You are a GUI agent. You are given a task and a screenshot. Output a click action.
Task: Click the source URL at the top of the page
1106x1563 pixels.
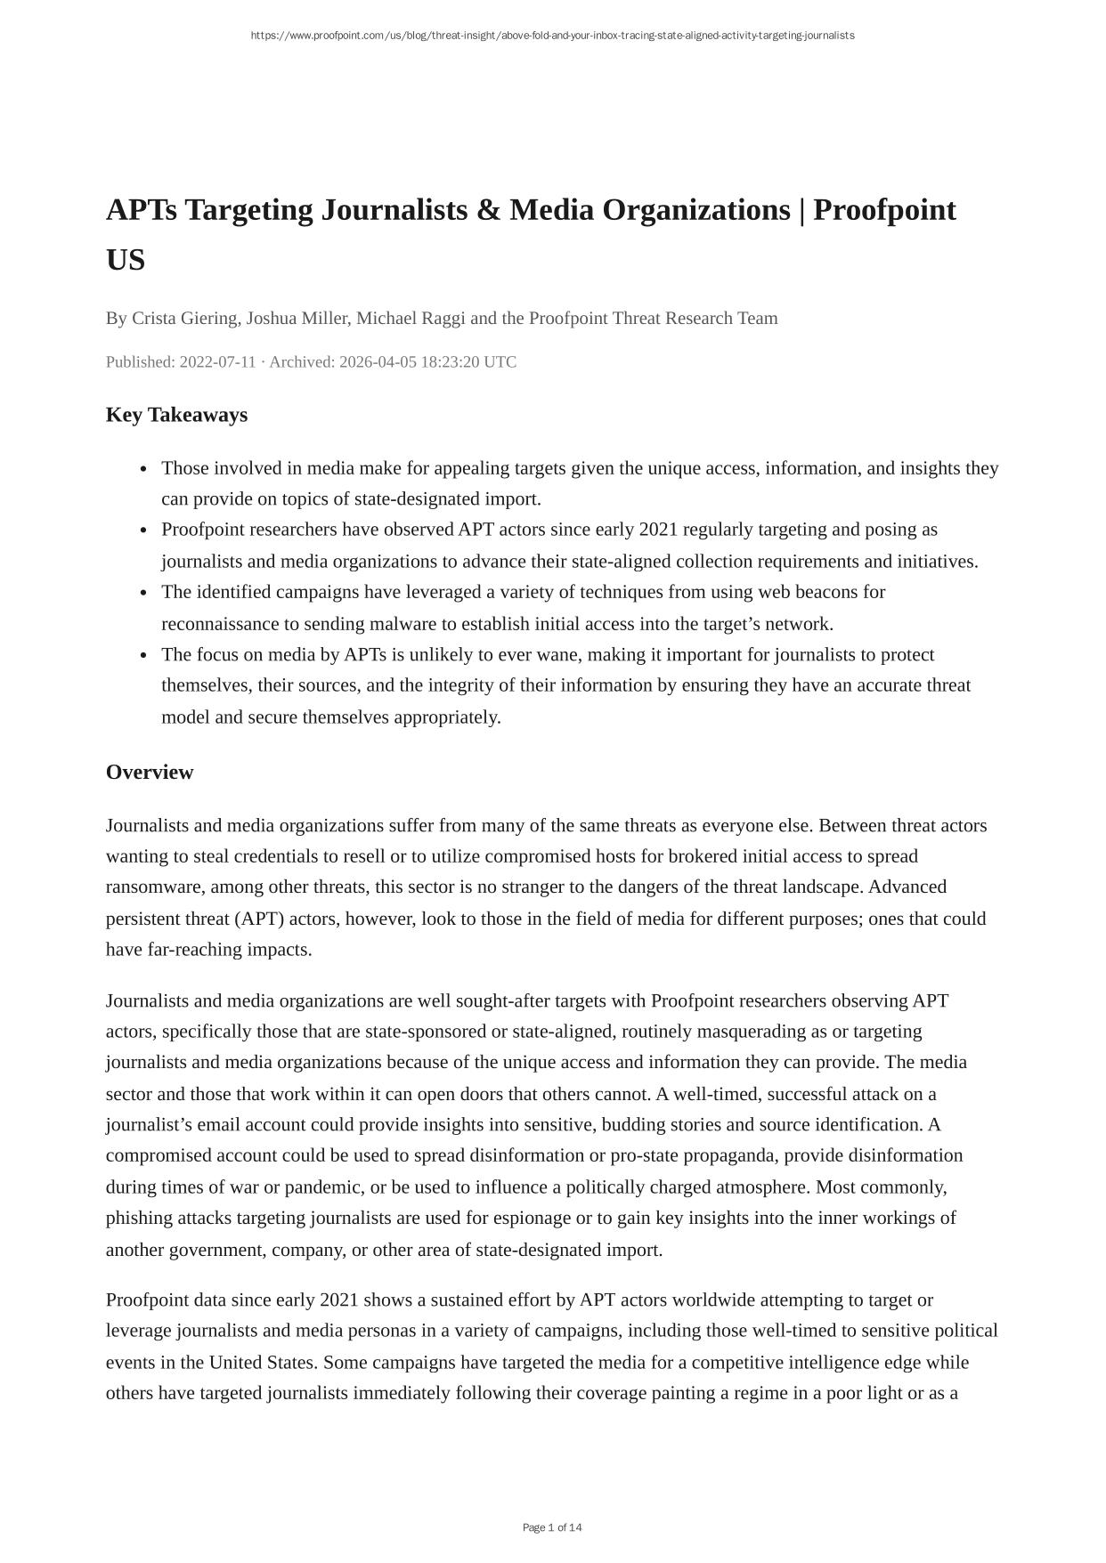[x=552, y=36]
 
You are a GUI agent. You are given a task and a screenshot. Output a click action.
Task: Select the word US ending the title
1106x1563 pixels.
[x=126, y=261]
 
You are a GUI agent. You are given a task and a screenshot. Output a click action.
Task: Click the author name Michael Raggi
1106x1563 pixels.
[x=411, y=319]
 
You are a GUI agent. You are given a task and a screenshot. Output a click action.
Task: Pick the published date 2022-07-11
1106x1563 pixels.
[x=217, y=362]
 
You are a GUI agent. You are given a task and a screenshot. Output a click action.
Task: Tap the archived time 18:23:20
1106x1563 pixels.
[x=445, y=362]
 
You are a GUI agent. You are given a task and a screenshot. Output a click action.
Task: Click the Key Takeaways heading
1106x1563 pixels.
[x=176, y=416]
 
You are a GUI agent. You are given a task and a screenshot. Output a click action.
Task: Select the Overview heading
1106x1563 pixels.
[x=150, y=773]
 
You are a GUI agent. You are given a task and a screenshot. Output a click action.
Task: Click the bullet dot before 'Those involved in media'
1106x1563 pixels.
[x=144, y=469]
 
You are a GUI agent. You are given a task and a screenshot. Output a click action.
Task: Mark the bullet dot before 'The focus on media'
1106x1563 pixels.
[x=144, y=656]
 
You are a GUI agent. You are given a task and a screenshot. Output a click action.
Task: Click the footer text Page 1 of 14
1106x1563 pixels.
[x=552, y=1527]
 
